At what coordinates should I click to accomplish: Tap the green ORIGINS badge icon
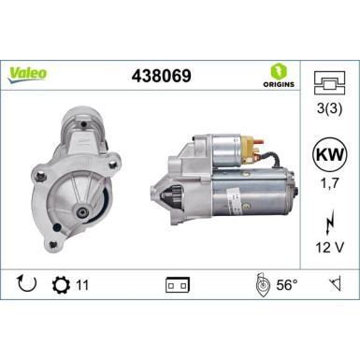click(x=277, y=72)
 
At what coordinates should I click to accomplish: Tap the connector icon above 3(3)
click(x=325, y=81)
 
